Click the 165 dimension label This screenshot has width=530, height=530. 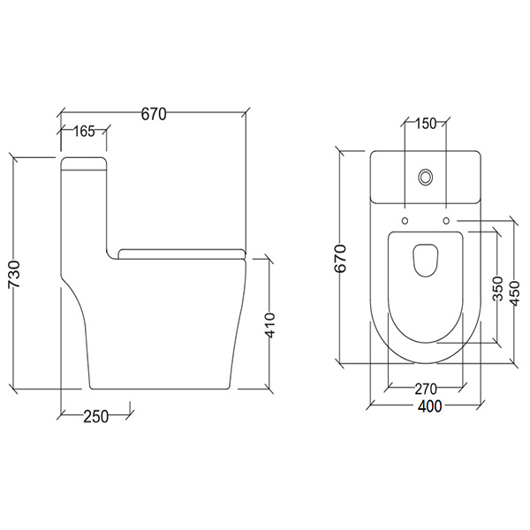coord(83,132)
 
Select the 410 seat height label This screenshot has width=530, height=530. coord(271,325)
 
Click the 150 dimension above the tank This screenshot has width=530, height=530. coord(426,124)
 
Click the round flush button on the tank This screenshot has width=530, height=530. coord(427,177)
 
